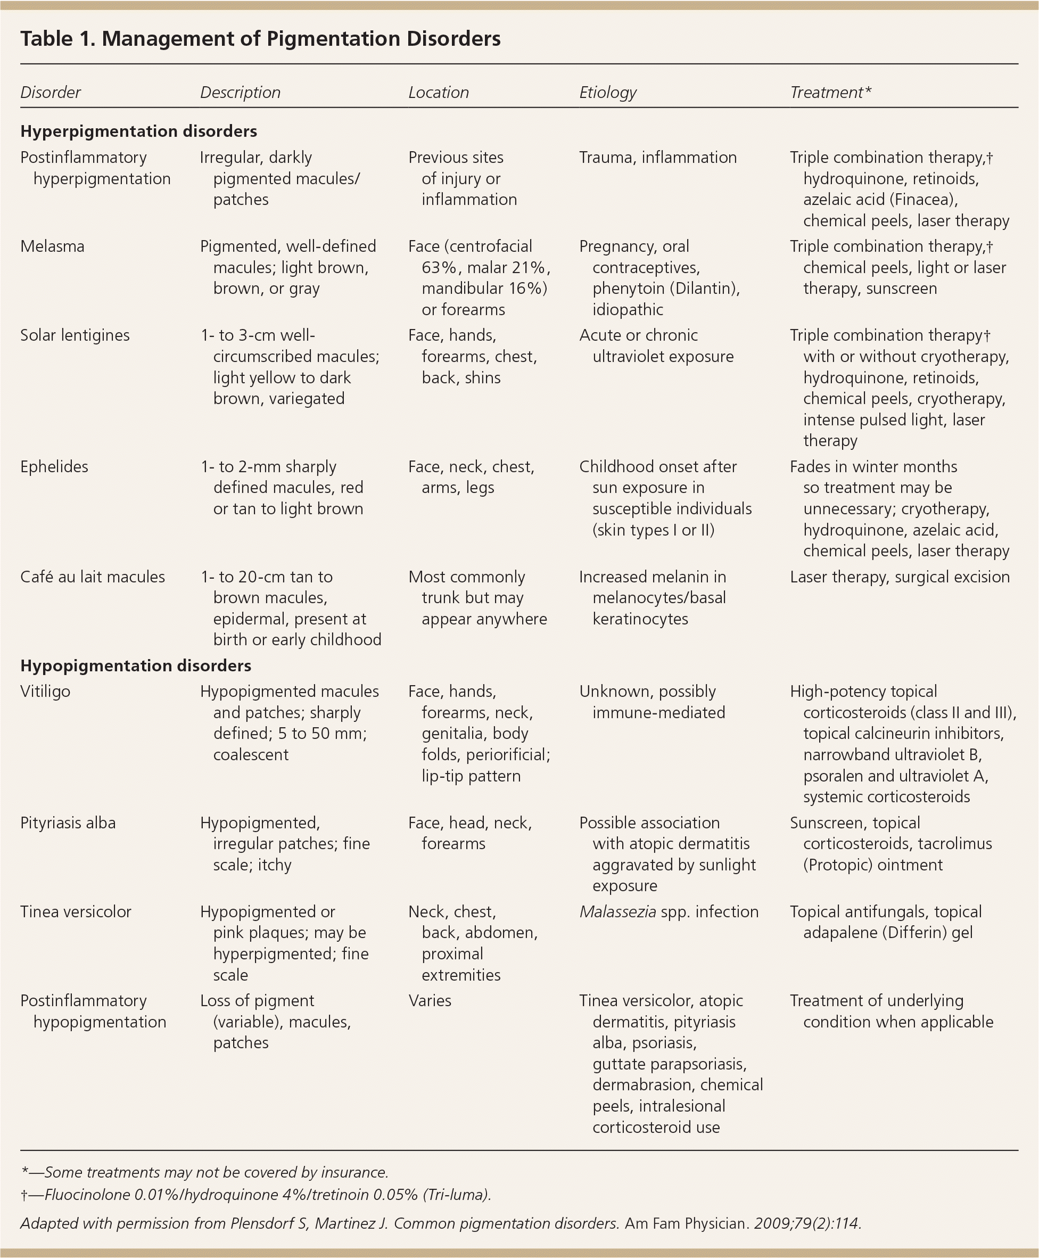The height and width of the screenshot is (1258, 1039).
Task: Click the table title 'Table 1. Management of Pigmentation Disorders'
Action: (x=260, y=39)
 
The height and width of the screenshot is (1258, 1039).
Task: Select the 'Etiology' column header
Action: (x=607, y=92)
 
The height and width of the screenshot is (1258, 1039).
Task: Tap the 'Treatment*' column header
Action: (x=830, y=92)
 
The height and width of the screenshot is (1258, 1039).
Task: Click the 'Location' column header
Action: (x=438, y=92)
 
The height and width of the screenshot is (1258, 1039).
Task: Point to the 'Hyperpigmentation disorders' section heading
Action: (x=139, y=131)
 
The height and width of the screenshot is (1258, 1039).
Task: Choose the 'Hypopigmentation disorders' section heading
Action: (x=136, y=665)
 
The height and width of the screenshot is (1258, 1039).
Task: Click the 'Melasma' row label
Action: (x=52, y=246)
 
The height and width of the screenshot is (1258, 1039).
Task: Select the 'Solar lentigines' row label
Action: (x=75, y=335)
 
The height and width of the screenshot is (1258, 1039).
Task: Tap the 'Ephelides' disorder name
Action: (x=54, y=466)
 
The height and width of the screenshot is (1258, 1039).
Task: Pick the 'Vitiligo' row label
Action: (x=45, y=691)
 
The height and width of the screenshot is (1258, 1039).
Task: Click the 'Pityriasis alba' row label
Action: (x=68, y=823)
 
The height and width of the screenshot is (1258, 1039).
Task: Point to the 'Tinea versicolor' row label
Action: (x=76, y=911)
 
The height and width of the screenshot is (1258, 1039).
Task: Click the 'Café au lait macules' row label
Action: (x=92, y=577)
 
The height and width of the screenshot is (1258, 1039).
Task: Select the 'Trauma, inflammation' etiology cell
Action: (x=658, y=158)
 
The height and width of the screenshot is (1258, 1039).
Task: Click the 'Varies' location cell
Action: (x=430, y=1001)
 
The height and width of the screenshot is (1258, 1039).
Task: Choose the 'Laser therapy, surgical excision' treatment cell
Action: (x=900, y=577)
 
